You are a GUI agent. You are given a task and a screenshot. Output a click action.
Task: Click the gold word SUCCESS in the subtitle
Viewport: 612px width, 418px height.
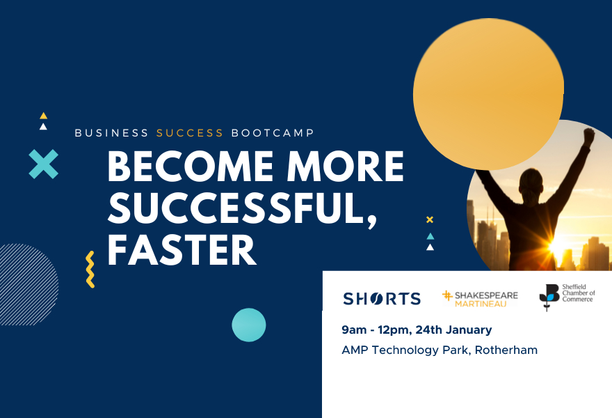pos(190,133)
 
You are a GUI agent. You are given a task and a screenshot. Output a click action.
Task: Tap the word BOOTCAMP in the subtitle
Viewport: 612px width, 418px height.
pos(273,133)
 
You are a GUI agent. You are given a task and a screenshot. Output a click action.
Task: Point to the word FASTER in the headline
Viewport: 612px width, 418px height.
pos(182,250)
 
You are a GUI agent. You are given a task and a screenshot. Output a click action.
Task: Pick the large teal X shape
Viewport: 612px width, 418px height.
pos(43,164)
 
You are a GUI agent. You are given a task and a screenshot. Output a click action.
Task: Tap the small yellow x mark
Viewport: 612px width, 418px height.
pos(430,219)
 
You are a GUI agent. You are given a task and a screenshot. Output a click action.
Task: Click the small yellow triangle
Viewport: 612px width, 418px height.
pos(43,116)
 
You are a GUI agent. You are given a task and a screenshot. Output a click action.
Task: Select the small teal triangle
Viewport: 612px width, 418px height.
pos(430,236)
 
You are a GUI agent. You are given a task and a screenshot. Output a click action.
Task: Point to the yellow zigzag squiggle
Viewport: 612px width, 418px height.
pos(90,270)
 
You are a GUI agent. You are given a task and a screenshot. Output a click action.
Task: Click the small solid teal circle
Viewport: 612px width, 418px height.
pos(249,325)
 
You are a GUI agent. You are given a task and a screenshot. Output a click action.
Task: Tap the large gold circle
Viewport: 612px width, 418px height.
pos(488,94)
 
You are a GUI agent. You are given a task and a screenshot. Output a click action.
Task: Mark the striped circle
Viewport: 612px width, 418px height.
pos(27,285)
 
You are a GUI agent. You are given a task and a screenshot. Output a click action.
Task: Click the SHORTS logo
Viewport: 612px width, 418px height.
pos(382,299)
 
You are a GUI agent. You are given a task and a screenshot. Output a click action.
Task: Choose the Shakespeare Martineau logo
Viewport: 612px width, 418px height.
pos(480,299)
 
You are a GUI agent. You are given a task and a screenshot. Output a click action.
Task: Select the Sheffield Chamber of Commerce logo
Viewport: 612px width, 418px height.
pos(567,297)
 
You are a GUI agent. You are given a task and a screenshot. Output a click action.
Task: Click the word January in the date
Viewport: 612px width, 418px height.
pos(468,330)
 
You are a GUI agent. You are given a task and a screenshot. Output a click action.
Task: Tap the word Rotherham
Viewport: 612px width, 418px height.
pos(506,350)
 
